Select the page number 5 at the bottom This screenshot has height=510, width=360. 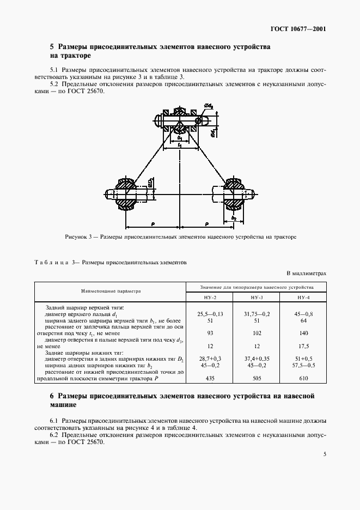324,454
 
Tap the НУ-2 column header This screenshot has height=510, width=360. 210,297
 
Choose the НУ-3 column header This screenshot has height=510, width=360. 257,297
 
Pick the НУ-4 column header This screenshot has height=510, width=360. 303,297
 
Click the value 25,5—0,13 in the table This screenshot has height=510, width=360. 210,314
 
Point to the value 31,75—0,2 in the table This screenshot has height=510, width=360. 257,314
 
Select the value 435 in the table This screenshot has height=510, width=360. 210,378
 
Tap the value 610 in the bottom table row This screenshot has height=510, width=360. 303,378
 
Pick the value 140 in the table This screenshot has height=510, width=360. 303,333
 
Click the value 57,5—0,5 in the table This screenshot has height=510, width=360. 303,365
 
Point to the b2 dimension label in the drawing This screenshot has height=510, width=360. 234,217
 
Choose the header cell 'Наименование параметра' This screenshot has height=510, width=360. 111,291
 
